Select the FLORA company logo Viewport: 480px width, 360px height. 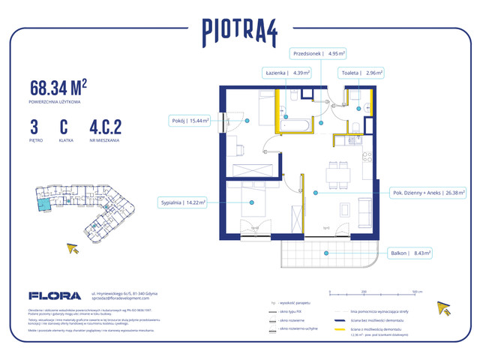coord(55,295)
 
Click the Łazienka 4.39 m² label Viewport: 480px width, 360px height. coord(286,73)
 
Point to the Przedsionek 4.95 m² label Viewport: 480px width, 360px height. coord(319,53)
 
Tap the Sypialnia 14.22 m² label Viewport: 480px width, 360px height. coord(183,202)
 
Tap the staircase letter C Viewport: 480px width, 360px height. coord(64,125)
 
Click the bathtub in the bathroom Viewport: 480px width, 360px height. coord(294,124)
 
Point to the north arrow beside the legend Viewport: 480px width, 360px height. coord(444,308)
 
